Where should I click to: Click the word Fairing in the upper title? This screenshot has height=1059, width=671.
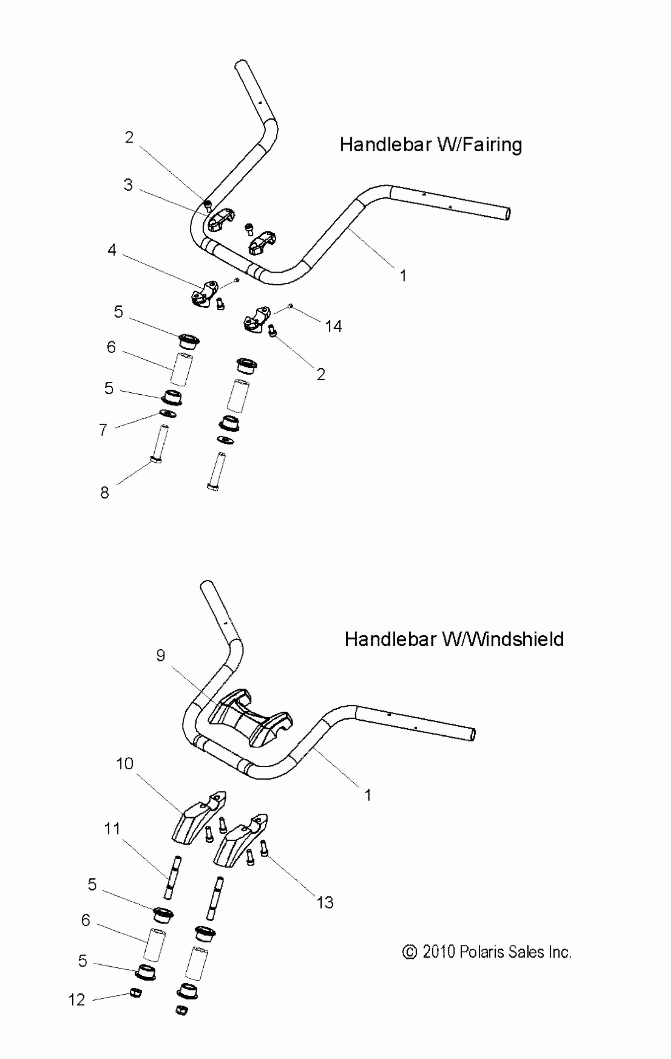pyautogui.click(x=491, y=145)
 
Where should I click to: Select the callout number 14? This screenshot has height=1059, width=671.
pyautogui.click(x=333, y=326)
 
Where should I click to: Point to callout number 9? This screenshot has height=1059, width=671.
pyautogui.click(x=161, y=656)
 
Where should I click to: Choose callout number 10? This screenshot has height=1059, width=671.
pyautogui.click(x=124, y=763)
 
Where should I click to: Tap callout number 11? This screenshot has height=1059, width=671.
pyautogui.click(x=112, y=829)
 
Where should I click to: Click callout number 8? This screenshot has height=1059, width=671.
pyautogui.click(x=104, y=493)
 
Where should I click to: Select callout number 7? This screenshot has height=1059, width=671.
pyautogui.click(x=103, y=430)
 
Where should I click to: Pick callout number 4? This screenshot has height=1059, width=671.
pyautogui.click(x=112, y=250)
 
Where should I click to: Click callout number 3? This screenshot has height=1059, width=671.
pyautogui.click(x=128, y=185)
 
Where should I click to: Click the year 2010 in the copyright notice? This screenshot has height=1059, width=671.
pyautogui.click(x=439, y=952)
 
